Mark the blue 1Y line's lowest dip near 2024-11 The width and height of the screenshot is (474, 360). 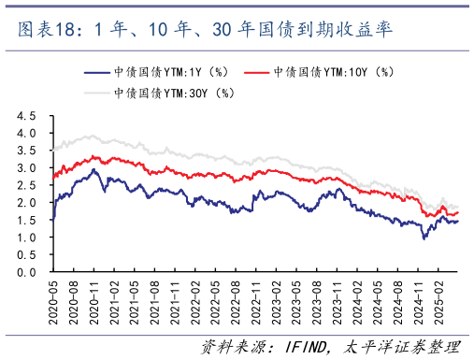click(x=424, y=238)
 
